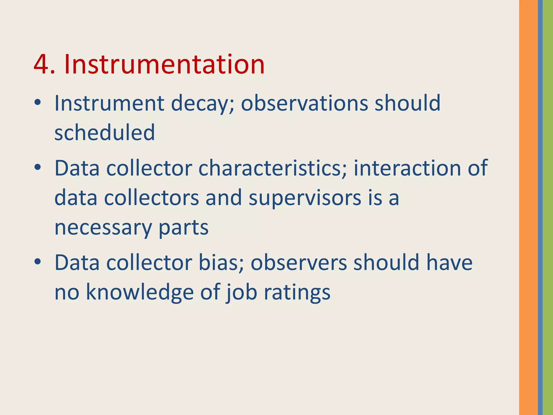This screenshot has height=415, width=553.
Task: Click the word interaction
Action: pos(407,168)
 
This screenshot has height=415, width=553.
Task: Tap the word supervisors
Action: pos(305,198)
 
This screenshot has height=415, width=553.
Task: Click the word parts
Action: pos(183,227)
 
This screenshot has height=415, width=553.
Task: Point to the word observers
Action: pos(299,263)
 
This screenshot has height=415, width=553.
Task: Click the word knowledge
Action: pos(140,292)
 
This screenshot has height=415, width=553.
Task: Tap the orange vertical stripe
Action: pos(528,207)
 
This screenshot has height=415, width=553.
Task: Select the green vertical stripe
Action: pos(548,207)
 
